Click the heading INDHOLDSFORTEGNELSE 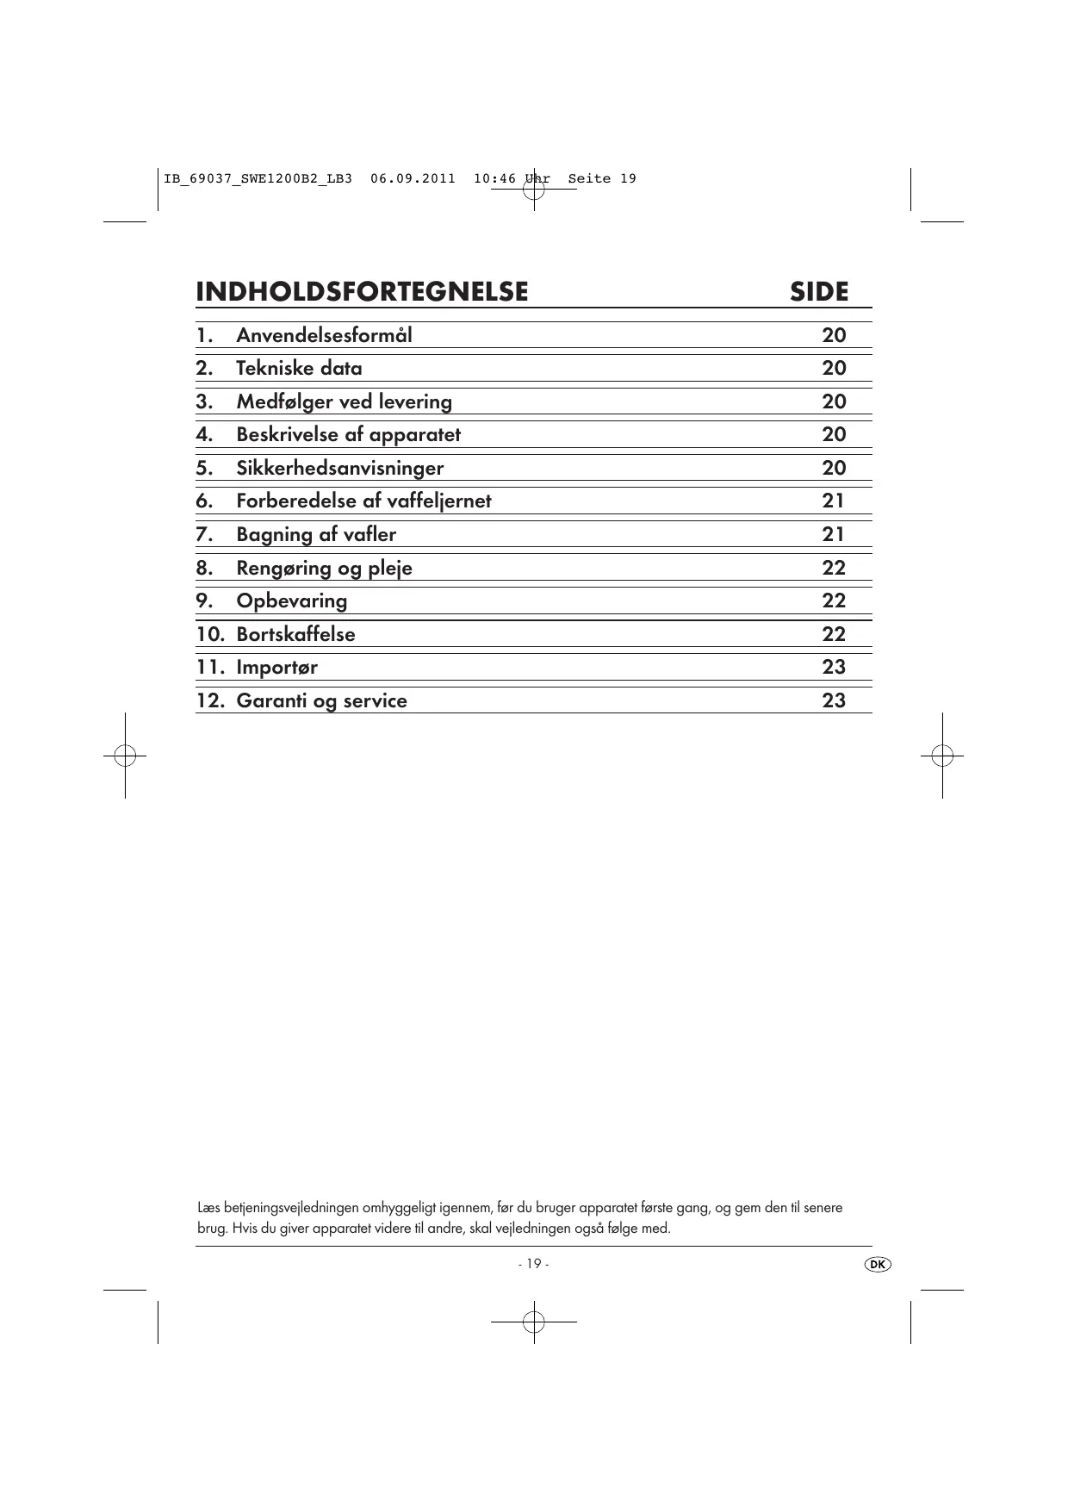pos(362,292)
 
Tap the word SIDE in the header pos(819,292)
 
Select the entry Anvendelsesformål pos(324,335)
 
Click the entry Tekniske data pos(299,369)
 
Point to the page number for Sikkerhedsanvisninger pos(834,468)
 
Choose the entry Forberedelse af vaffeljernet pos(363,501)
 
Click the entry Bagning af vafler pos(316,535)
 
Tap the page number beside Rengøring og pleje pos(834,568)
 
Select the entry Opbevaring pos(292,601)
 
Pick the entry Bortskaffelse pos(295,635)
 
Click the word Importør pos(276,668)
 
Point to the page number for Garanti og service pos(834,700)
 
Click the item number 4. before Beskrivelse pos(204,435)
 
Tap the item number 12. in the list pos(210,700)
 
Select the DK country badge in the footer pos(877,1264)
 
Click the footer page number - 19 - pos(533,1264)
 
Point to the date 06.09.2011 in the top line pos(413,179)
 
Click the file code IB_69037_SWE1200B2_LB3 pos(258,179)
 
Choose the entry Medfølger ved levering pos(344,401)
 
